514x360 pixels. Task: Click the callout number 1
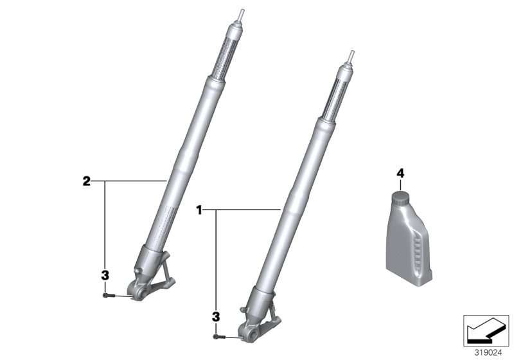[x=199, y=210]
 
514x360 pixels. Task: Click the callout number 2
[x=86, y=181]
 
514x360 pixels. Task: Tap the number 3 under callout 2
[x=104, y=275]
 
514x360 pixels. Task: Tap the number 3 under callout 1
[x=215, y=316]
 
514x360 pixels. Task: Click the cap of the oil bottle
[x=400, y=197]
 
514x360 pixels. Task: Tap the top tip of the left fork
[x=242, y=12]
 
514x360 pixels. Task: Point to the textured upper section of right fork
[x=338, y=96]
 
